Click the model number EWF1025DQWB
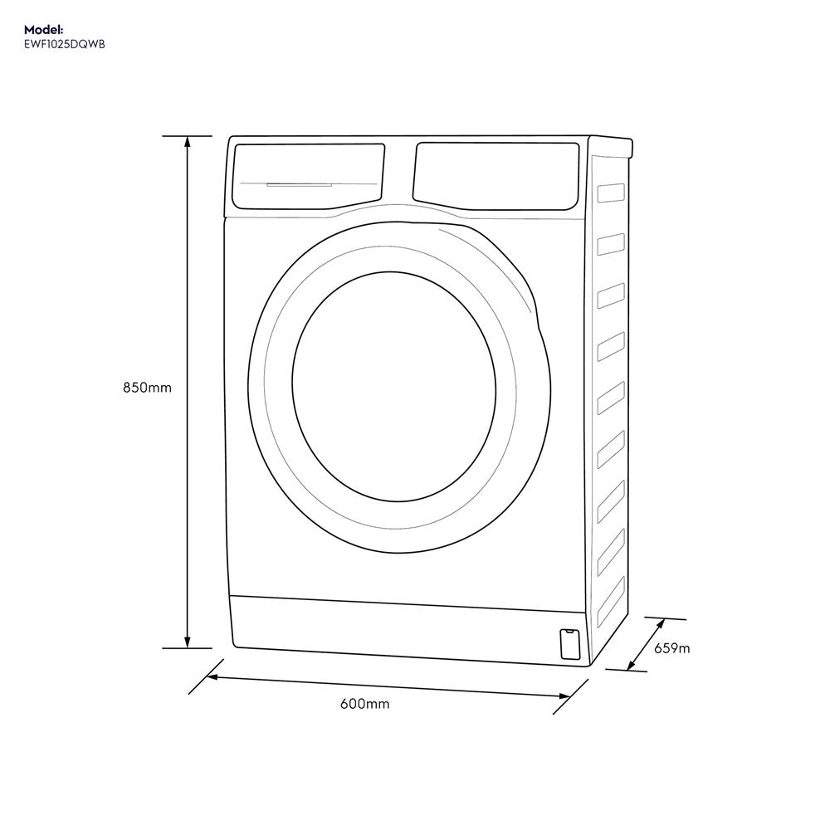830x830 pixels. pyautogui.click(x=65, y=44)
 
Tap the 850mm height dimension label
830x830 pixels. pyautogui.click(x=147, y=388)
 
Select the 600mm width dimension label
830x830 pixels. pyautogui.click(x=364, y=705)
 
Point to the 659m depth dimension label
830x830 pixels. pyautogui.click(x=671, y=648)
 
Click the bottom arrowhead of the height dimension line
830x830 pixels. pyautogui.click(x=187, y=642)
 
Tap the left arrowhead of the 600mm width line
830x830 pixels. pyautogui.click(x=212, y=677)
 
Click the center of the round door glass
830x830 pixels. pyautogui.click(x=393, y=386)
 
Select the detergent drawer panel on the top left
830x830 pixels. pyautogui.click(x=308, y=175)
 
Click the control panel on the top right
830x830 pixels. pyautogui.click(x=496, y=174)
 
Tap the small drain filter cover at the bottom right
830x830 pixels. pyautogui.click(x=570, y=644)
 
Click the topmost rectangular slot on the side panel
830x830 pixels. pyautogui.click(x=610, y=193)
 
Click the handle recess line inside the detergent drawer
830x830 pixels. pyautogui.click(x=299, y=184)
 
